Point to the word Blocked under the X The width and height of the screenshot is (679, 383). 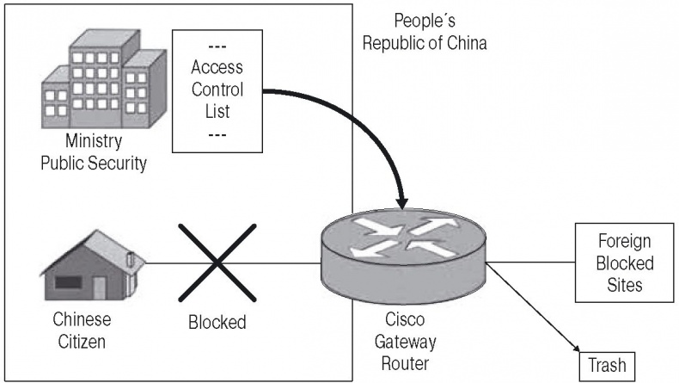[x=217, y=323]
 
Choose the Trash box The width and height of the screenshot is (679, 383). [x=608, y=367]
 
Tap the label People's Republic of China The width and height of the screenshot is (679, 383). [x=424, y=31]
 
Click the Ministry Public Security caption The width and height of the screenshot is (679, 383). [x=94, y=152]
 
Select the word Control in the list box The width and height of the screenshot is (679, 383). [x=217, y=89]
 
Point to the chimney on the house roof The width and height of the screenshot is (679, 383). [x=130, y=256]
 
